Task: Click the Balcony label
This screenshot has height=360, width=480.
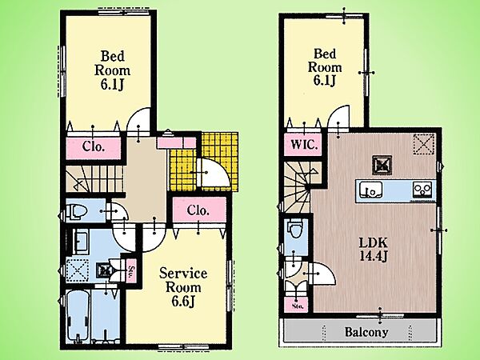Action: (x=366, y=332)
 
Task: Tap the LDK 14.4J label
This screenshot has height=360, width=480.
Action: (x=373, y=250)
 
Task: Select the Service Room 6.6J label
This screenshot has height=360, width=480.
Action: (x=183, y=287)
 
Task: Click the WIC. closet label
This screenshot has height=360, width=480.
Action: (x=304, y=144)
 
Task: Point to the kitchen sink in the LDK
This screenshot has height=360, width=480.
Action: (x=370, y=190)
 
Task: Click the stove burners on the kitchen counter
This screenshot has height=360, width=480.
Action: (x=422, y=189)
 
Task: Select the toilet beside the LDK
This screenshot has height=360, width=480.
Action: (x=296, y=228)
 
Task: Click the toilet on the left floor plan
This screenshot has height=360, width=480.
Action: (x=77, y=211)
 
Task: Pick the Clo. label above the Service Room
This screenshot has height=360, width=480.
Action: (x=198, y=210)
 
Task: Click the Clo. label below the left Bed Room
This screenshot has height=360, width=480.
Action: (x=94, y=146)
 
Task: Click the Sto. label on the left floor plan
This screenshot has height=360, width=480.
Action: (x=131, y=270)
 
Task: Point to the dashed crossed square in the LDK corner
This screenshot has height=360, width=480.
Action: (x=424, y=144)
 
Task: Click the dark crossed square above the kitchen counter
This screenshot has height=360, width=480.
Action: (x=382, y=166)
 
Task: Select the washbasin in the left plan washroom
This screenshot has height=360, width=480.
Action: (x=80, y=242)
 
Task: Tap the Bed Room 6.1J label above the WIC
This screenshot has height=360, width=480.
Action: (x=325, y=67)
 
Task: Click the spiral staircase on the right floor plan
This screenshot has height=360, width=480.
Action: (x=299, y=187)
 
